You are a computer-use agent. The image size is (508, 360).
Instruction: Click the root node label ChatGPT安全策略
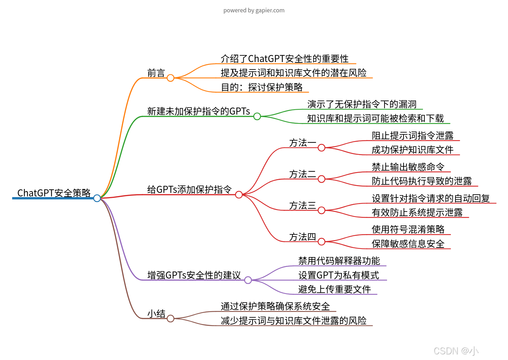point(54,193)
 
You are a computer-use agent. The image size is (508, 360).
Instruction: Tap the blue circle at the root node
point(97,198)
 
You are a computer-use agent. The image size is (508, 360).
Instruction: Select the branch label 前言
point(156,73)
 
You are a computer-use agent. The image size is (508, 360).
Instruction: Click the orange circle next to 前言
point(170,78)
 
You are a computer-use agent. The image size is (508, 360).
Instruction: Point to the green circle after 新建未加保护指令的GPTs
point(257,116)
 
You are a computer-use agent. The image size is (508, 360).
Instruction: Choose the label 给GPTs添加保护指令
point(189,190)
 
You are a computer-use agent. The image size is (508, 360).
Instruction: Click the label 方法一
point(302,143)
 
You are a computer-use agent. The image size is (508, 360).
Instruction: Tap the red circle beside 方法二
point(321,179)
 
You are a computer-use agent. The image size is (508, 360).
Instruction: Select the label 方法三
point(302,206)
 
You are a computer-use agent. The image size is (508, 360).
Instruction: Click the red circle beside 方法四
point(321,242)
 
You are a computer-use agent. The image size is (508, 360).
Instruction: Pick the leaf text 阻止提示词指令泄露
point(412,135)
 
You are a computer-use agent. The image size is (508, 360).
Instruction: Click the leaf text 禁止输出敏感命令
point(408,167)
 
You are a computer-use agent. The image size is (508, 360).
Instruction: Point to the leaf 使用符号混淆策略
point(408,230)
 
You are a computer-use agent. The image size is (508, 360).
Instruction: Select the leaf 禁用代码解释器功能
point(339,261)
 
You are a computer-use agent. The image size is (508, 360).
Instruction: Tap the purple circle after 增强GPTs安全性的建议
point(248,280)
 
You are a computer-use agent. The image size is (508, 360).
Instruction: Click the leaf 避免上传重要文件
point(334,289)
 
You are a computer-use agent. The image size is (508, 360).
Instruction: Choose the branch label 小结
point(156,314)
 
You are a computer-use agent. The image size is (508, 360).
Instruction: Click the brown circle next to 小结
point(170,319)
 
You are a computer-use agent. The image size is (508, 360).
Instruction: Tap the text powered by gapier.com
point(254,10)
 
